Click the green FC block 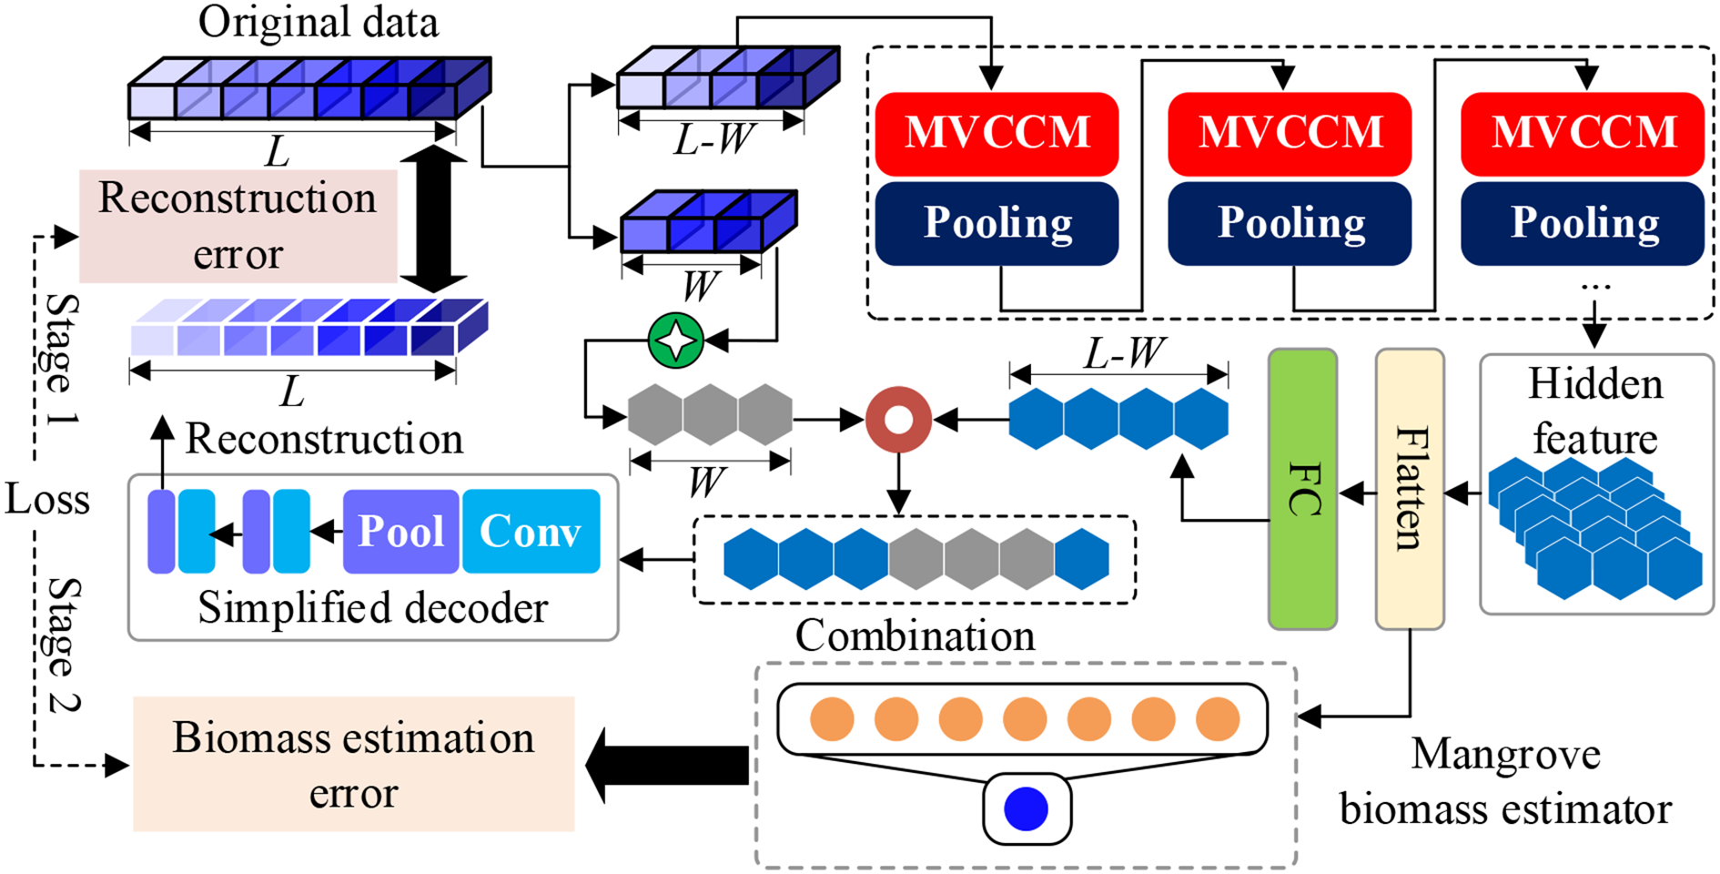click(1302, 489)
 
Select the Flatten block click(1409, 489)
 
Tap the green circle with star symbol click(676, 340)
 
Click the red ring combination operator click(898, 420)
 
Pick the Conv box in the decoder click(531, 532)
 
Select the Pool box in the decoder click(400, 532)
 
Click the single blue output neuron click(1026, 808)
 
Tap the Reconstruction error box click(238, 226)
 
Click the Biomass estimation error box click(353, 764)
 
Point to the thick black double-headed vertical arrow click(434, 218)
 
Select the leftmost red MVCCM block click(997, 133)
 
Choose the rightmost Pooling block click(1583, 223)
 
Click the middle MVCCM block click(1290, 133)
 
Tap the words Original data click(318, 22)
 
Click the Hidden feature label click(1595, 411)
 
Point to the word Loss click(47, 500)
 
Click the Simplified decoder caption click(373, 608)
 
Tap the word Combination click(915, 635)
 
